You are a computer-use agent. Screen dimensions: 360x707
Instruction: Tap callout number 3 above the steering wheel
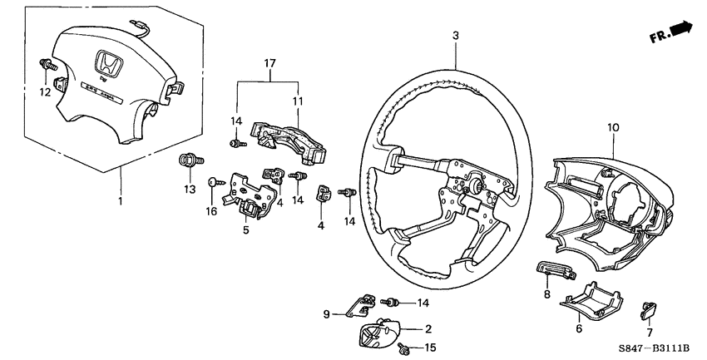[455, 35]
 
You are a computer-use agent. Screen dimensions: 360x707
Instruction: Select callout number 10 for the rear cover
[613, 127]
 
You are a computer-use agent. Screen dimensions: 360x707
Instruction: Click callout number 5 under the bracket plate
[245, 229]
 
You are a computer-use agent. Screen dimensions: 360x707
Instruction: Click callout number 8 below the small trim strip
[546, 293]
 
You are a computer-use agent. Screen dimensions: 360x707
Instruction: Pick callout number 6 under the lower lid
[580, 328]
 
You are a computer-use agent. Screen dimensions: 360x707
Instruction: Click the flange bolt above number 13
[187, 160]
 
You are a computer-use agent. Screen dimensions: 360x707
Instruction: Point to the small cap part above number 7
[646, 309]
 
